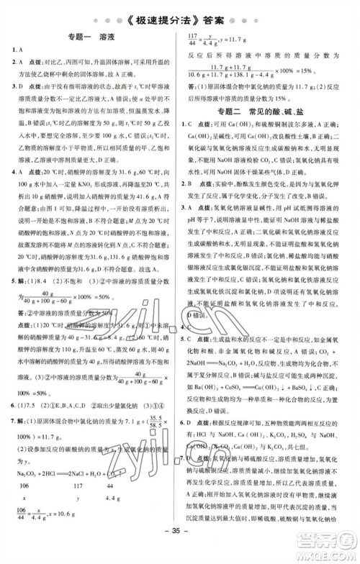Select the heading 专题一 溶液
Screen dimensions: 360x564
point(91,42)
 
